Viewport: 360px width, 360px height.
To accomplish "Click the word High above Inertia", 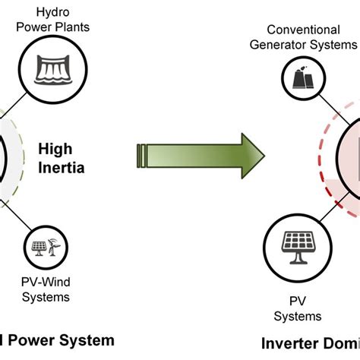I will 66,149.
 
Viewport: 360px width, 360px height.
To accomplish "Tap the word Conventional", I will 303,30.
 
